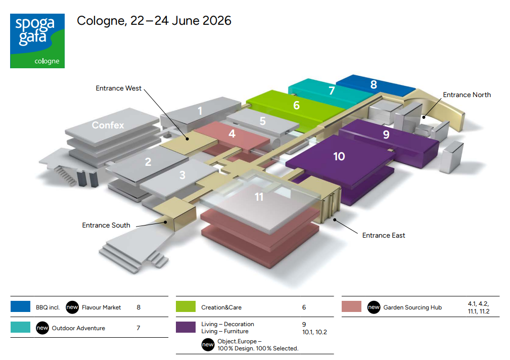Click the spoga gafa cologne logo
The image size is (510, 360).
(x=37, y=41)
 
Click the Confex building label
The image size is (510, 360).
(x=108, y=124)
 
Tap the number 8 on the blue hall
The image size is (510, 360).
(x=374, y=84)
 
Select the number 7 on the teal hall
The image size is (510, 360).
(x=332, y=91)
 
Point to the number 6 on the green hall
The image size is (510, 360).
(x=296, y=105)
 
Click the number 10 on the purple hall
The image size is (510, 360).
(x=339, y=156)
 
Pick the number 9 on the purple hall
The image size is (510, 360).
(x=386, y=134)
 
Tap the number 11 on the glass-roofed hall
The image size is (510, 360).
(x=259, y=197)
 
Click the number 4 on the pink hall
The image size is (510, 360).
(x=232, y=134)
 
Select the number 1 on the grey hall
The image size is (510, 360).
(x=200, y=110)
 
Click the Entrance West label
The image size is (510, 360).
(x=119, y=88)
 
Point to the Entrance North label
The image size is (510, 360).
(x=467, y=95)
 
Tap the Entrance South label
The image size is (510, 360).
(x=106, y=226)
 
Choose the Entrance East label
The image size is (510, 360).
(x=384, y=235)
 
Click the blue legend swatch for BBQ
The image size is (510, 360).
(x=20, y=307)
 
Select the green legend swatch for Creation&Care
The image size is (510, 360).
(x=186, y=307)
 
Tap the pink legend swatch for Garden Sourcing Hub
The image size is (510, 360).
(x=351, y=307)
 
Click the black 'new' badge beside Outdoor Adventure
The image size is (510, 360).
(x=42, y=328)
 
